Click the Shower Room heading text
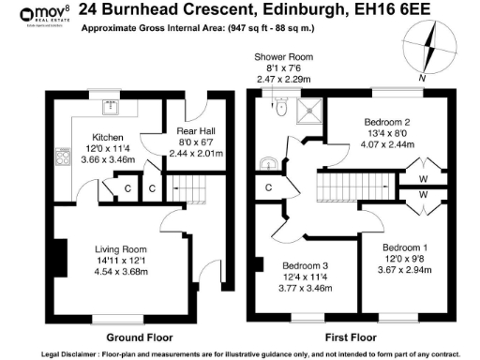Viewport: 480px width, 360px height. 283,57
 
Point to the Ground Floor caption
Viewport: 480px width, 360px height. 138,336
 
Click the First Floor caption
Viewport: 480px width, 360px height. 351,336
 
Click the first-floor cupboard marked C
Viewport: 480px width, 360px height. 268,187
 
